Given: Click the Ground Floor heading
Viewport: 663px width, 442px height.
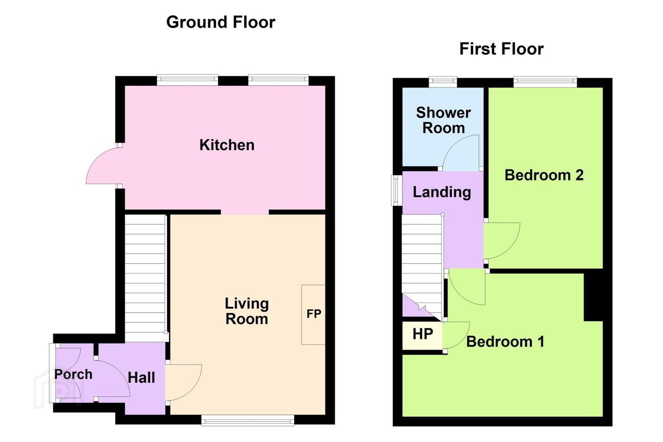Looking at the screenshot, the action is click(x=221, y=22).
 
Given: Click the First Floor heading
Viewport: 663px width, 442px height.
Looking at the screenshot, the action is click(x=501, y=49).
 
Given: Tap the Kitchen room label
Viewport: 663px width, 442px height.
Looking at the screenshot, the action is click(x=227, y=145).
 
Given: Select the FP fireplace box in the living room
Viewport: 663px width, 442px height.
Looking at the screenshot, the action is click(x=313, y=315).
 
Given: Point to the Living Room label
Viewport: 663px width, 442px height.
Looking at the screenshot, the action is click(x=247, y=311).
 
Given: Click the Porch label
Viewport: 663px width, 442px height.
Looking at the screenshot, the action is click(x=73, y=374).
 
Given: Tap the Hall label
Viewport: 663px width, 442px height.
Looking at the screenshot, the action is click(x=141, y=378).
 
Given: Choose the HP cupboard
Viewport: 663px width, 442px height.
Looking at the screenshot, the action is click(x=422, y=336).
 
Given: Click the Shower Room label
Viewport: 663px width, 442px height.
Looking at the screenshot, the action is click(x=443, y=120).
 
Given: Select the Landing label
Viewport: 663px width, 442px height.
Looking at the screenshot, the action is click(x=442, y=192).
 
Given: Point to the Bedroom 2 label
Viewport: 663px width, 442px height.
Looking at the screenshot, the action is click(x=544, y=175).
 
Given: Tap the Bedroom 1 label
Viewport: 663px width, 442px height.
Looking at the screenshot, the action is click(x=505, y=342).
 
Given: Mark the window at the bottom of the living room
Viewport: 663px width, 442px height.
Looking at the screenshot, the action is click(x=248, y=420).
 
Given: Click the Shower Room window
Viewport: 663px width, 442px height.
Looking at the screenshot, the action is click(x=443, y=82).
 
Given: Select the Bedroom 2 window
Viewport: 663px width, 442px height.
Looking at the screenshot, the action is click(x=545, y=81).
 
